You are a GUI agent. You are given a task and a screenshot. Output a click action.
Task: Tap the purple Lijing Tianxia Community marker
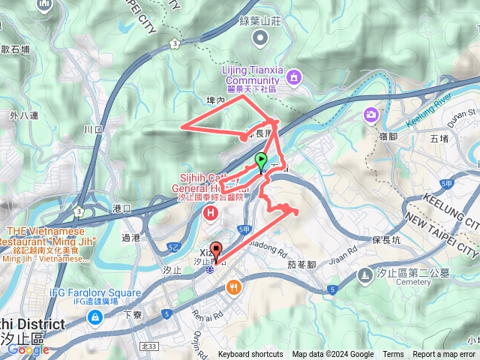pos(293,76)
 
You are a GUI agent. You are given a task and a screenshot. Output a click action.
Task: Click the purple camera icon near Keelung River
pos(371,115)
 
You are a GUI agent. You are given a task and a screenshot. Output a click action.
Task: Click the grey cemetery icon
pos(364,275)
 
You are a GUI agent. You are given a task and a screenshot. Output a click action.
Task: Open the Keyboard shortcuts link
pos(250,355)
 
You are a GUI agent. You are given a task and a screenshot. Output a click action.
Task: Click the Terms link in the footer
pos(393,355)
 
